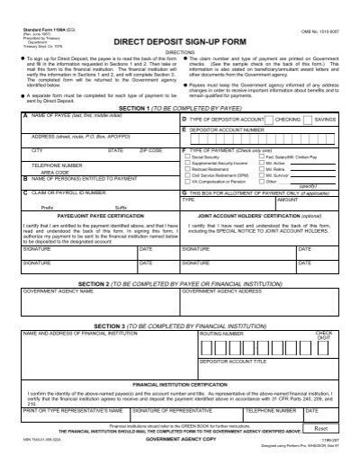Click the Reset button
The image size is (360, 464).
320,429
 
